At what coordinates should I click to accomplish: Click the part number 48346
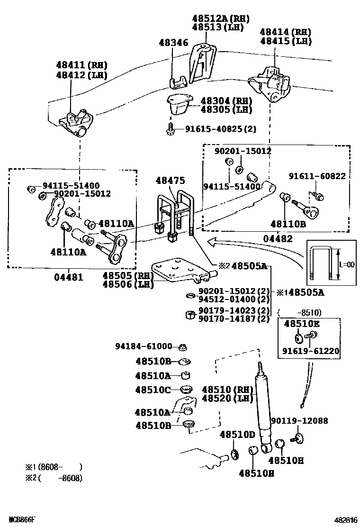(173, 43)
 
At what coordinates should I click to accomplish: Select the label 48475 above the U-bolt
(171, 181)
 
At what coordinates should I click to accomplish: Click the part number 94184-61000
(144, 346)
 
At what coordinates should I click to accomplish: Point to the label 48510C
(153, 390)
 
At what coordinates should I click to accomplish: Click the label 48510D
(237, 435)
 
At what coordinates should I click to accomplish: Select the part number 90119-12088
(299, 420)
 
